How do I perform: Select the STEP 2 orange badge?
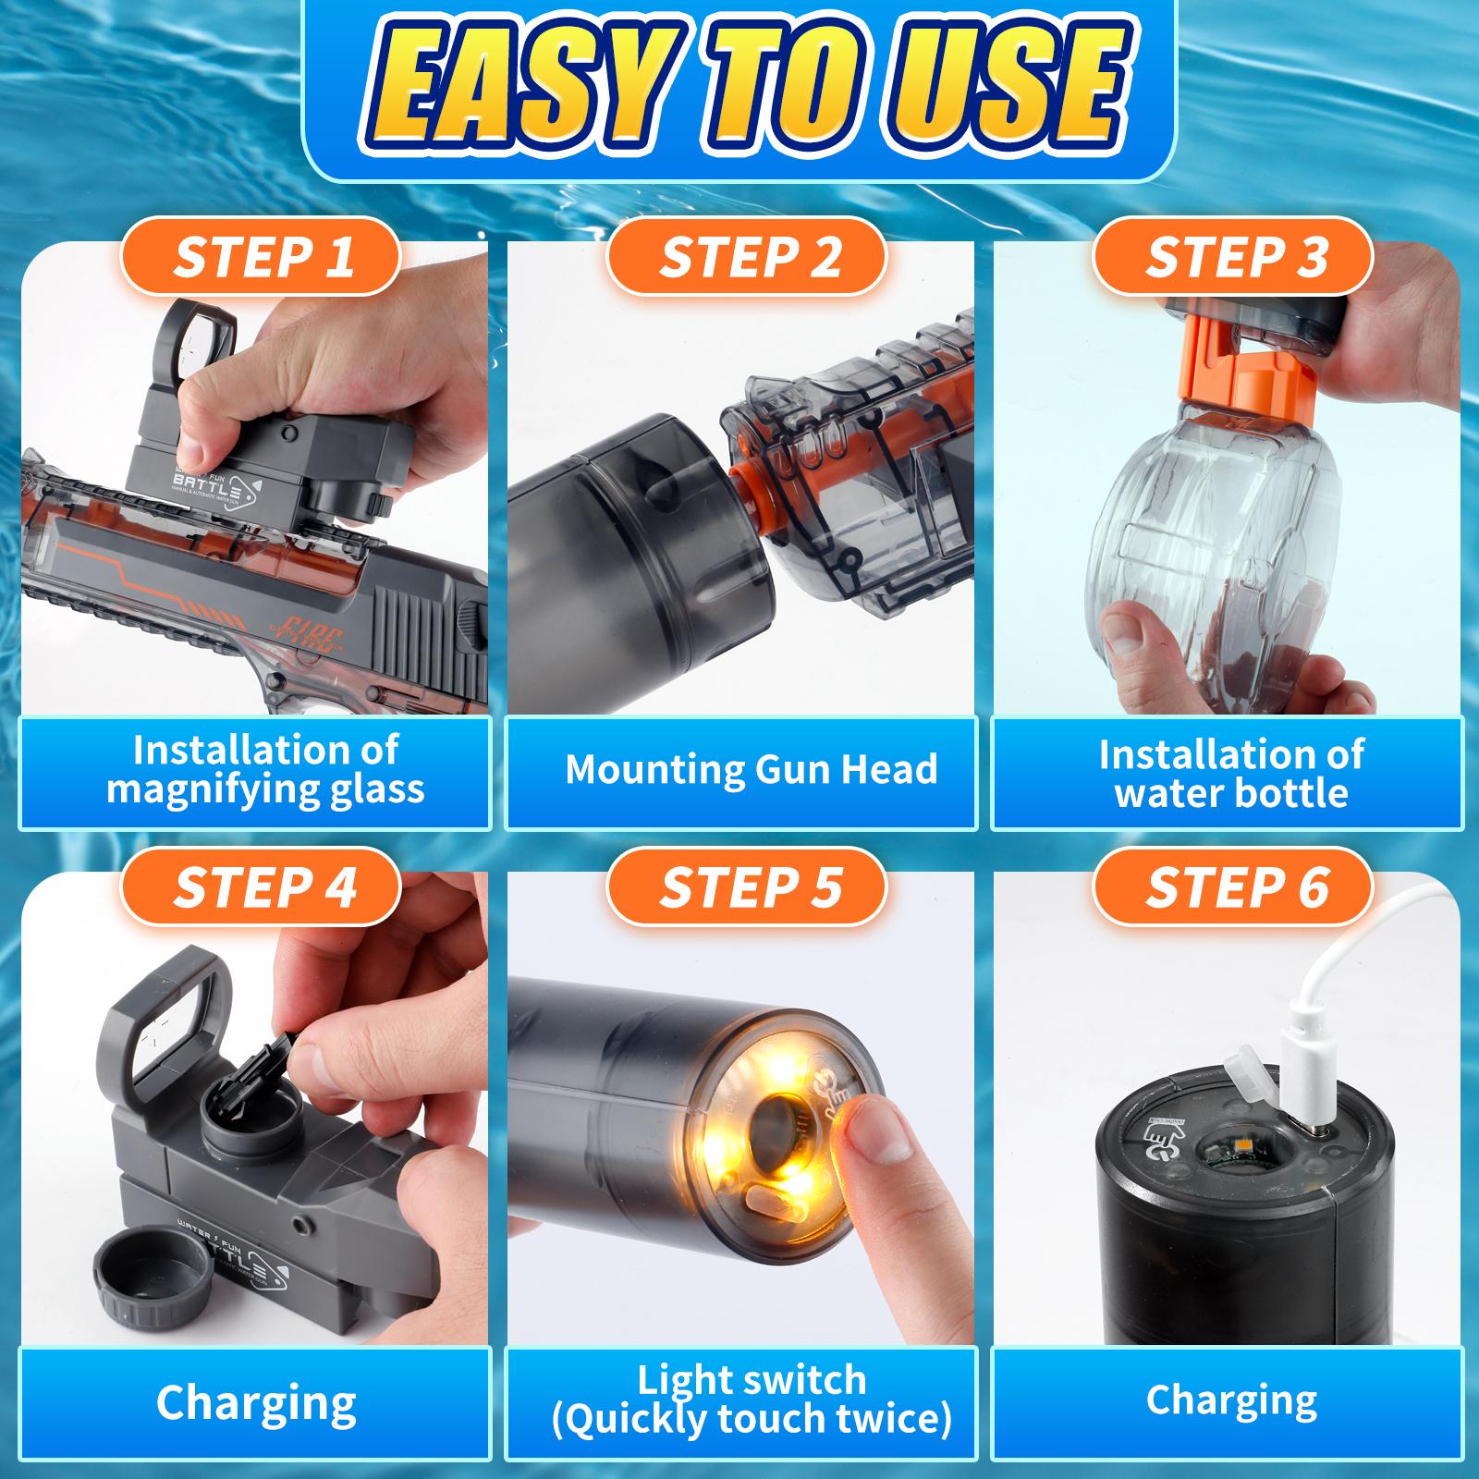pos(749,256)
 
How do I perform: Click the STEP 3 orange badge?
pos(1235,256)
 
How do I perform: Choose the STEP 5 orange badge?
pos(749,886)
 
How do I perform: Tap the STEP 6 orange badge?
pos(1235,886)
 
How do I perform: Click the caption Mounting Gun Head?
pos(751,770)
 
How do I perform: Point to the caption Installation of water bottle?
pos(1230,774)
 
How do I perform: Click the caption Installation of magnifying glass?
pos(265,769)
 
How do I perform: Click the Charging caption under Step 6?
pos(1230,1400)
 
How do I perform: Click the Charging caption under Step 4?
pos(256,1402)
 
